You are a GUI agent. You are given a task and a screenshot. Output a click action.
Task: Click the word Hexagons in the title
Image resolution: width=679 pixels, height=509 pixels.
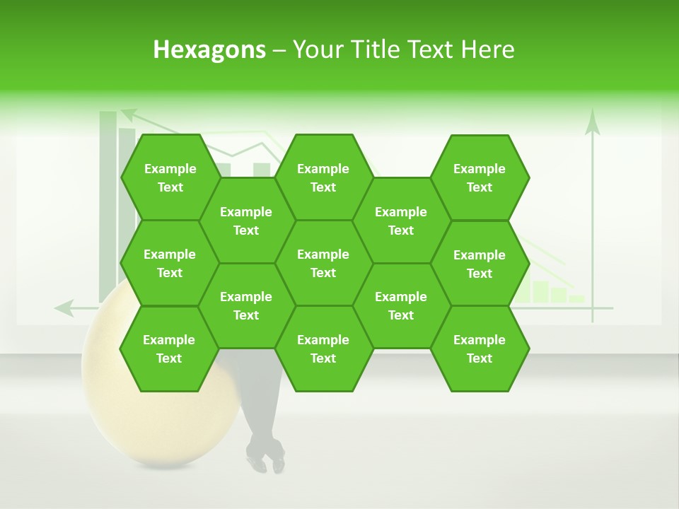click(x=209, y=49)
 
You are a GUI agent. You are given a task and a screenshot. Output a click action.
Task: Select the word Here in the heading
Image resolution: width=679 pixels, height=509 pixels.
click(x=487, y=49)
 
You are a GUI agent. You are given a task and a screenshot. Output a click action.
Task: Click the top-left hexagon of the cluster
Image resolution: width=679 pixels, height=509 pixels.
click(x=170, y=177)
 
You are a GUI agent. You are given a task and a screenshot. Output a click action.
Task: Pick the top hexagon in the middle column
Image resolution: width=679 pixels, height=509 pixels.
click(x=323, y=177)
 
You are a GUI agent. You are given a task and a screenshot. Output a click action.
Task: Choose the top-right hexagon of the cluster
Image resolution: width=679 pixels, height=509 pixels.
click(x=480, y=177)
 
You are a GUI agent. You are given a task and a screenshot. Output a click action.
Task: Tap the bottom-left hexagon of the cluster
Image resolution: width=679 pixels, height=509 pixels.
click(x=169, y=349)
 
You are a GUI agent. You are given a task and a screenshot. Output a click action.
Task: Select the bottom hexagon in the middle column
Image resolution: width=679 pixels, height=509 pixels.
click(x=323, y=349)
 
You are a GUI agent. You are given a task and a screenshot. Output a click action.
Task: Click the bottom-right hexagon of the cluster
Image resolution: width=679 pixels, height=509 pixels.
click(x=480, y=349)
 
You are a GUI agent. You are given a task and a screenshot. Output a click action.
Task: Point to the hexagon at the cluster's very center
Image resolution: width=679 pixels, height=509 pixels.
click(x=323, y=263)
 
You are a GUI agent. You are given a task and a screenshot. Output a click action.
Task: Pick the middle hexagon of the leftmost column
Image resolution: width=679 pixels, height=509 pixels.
click(x=170, y=263)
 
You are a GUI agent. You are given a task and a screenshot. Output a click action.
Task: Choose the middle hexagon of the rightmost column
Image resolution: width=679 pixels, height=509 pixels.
click(x=480, y=264)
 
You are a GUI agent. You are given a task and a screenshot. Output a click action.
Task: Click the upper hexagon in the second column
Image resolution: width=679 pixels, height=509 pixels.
click(x=246, y=221)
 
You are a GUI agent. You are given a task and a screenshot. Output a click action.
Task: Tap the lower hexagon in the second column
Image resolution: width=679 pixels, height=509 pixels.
click(x=246, y=305)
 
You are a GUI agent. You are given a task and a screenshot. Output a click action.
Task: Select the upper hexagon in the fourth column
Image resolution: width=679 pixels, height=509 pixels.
click(x=401, y=221)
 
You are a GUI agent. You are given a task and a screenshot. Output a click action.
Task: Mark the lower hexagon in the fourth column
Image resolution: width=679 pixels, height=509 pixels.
click(x=401, y=305)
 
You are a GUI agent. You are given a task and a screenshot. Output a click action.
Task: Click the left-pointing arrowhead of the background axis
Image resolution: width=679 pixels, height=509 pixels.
click(x=64, y=308)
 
